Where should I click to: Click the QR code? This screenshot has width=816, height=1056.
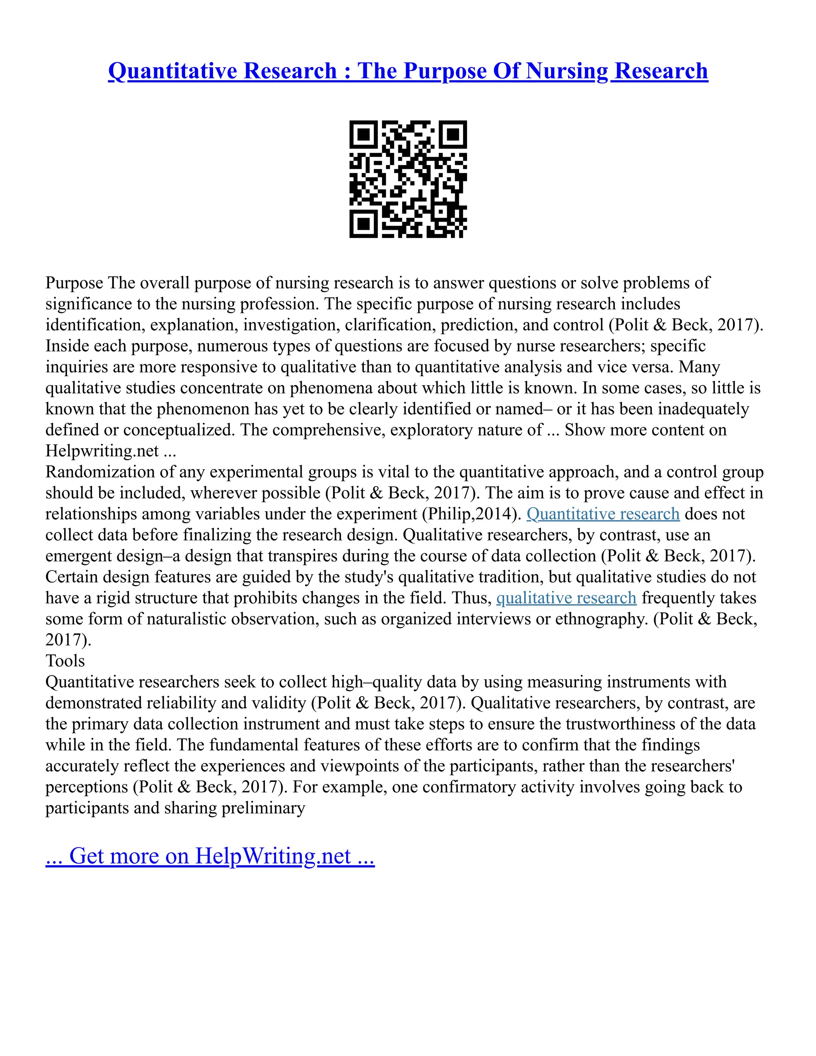point(408,179)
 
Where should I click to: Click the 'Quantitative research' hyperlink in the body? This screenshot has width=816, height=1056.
point(603,514)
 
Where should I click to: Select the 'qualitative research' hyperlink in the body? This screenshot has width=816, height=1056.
point(566,598)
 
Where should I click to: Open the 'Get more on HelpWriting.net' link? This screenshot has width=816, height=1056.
point(210,856)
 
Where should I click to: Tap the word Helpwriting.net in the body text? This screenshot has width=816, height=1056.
point(102,451)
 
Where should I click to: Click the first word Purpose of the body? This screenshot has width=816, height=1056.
point(74,283)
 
